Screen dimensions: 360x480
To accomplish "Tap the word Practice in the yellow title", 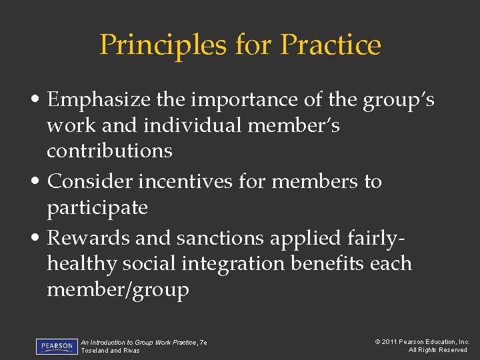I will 331,45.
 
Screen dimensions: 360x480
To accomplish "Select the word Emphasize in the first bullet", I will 99,100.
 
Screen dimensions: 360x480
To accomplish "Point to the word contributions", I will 109,151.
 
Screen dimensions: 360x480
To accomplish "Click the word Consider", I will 90,181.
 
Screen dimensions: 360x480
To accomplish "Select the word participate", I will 97,208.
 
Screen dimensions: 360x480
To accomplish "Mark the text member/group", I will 118,289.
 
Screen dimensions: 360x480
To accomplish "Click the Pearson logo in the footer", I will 57,347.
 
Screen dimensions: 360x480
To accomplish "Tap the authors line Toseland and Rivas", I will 111,351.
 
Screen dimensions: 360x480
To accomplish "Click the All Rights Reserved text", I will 438,351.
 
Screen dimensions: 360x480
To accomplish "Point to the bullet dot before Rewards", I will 41,239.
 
